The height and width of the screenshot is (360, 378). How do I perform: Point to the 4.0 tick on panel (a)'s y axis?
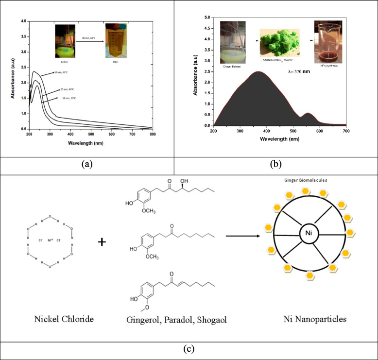coord(23,21)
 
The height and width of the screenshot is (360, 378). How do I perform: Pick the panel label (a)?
coord(86,164)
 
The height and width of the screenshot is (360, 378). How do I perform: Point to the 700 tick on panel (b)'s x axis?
coord(345,130)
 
